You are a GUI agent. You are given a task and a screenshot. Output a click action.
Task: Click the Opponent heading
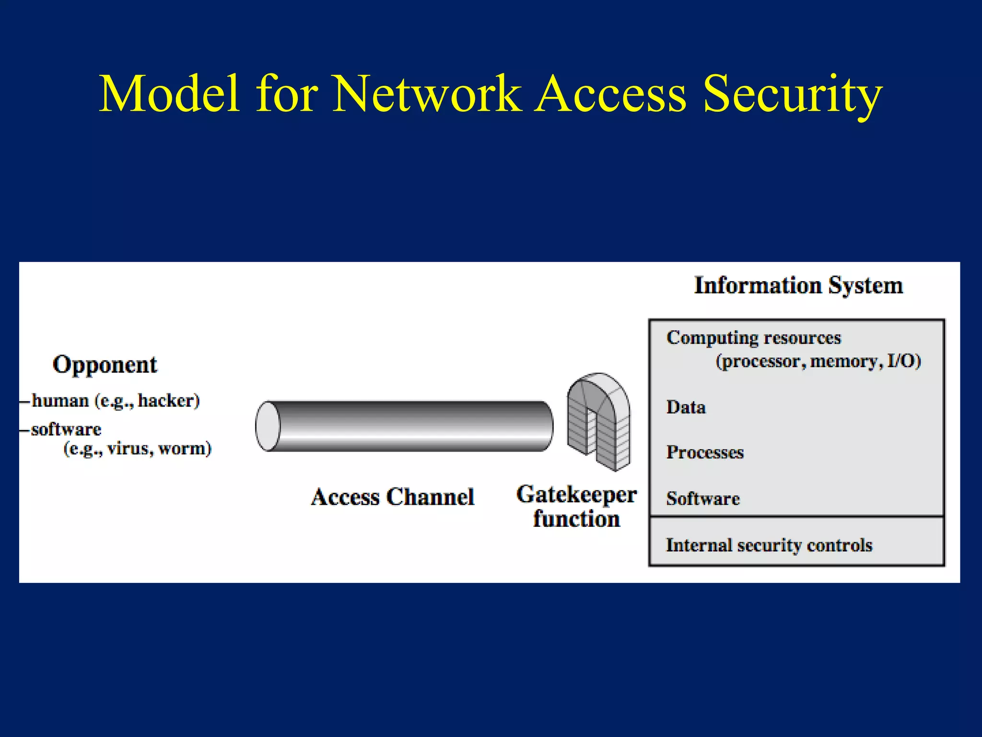pyautogui.click(x=105, y=365)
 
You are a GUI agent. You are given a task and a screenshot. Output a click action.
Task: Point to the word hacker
pyautogui.click(x=168, y=400)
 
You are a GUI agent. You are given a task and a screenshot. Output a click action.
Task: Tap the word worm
pyautogui.click(x=184, y=449)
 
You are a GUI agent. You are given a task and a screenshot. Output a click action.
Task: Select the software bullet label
pyautogui.click(x=66, y=429)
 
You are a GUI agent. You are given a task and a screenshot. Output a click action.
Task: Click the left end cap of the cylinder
pyautogui.click(x=268, y=427)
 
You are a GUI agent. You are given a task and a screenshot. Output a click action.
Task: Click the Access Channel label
pyautogui.click(x=393, y=497)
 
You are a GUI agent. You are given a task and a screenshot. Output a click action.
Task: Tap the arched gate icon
pyautogui.click(x=599, y=422)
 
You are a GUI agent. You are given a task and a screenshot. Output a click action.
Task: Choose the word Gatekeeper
pyautogui.click(x=576, y=495)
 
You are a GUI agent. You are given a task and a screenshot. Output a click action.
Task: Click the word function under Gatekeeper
pyautogui.click(x=576, y=519)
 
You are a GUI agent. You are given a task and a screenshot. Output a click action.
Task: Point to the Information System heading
pyautogui.click(x=798, y=285)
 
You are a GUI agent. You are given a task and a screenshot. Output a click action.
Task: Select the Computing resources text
pyautogui.click(x=753, y=338)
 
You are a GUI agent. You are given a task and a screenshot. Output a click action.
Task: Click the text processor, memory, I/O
pyautogui.click(x=818, y=361)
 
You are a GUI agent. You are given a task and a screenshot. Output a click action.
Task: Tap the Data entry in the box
pyautogui.click(x=686, y=407)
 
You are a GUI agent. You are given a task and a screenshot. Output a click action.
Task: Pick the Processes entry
pyautogui.click(x=705, y=452)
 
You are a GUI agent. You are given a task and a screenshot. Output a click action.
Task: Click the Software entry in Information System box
pyautogui.click(x=703, y=499)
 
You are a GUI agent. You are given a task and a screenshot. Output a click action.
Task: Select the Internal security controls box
pyautogui.click(x=796, y=542)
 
